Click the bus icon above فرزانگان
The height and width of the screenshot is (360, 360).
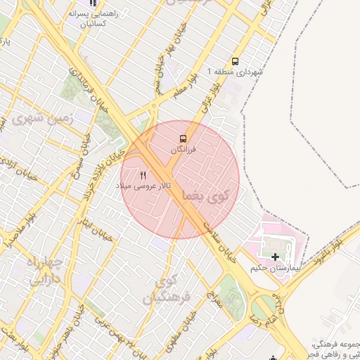tap(183, 138)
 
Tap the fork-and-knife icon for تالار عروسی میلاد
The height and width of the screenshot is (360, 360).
tap(143, 174)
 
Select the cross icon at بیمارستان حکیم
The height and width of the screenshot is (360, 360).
tap(275, 257)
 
